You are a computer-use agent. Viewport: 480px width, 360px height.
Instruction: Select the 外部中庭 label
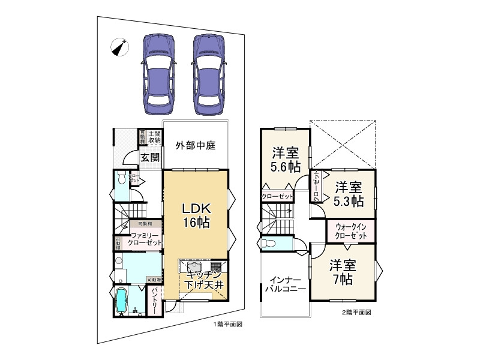tap(195, 145)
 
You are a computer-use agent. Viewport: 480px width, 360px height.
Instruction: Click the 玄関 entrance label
tap(150, 158)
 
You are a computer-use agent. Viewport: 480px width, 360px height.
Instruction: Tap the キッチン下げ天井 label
tap(204, 280)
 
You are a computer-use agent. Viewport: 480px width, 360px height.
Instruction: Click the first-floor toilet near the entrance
tap(121, 179)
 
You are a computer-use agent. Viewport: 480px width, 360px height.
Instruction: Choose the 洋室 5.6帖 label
tap(285, 160)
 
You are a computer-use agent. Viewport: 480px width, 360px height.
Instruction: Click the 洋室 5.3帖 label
tap(348, 193)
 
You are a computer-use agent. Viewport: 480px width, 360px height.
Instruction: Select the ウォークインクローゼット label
tap(351, 231)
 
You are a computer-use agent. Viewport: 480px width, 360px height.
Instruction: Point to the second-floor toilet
tap(269, 244)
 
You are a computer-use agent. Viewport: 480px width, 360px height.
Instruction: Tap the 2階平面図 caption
tap(356, 312)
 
